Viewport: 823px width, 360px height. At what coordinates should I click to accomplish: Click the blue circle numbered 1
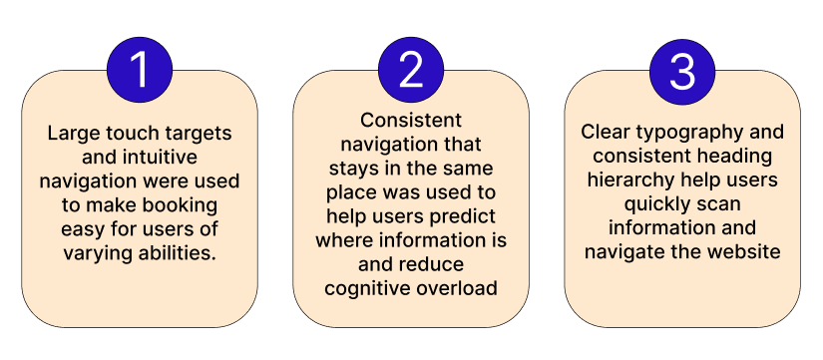pos(140,70)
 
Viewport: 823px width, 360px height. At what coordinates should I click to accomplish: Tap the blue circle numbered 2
pos(411,70)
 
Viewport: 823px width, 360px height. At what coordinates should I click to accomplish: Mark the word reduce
pos(432,264)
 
